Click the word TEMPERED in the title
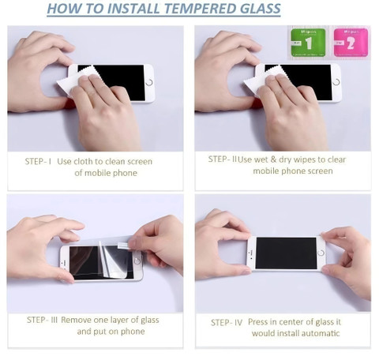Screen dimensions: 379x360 pyautogui.click(x=199, y=9)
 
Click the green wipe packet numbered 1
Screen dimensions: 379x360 pyautogui.click(x=308, y=43)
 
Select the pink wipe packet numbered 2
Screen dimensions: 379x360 pyautogui.click(x=351, y=43)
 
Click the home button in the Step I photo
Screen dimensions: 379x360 pyautogui.click(x=149, y=82)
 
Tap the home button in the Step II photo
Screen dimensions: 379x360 pyautogui.click(x=336, y=82)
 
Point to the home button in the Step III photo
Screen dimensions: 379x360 pyautogui.click(x=137, y=261)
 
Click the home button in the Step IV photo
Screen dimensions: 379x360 pyautogui.click(x=321, y=253)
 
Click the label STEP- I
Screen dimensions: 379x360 pyautogui.click(x=38, y=161)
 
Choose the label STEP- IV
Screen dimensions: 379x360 pyautogui.click(x=227, y=322)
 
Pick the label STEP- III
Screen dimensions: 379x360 pyautogui.click(x=42, y=320)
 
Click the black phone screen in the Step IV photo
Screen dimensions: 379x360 pyautogui.click(x=286, y=253)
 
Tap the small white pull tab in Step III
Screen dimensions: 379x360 pyautogui.click(x=123, y=246)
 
